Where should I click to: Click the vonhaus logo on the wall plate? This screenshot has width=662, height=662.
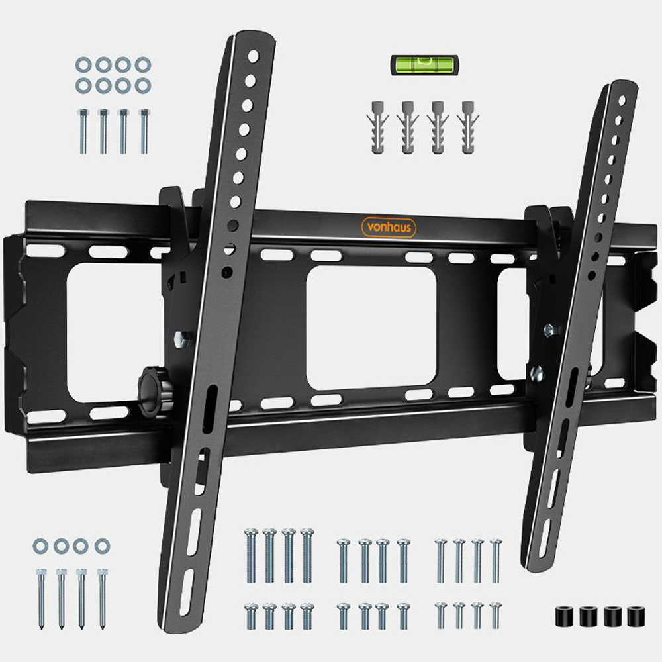click(389, 228)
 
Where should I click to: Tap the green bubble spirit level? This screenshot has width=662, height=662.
click(424, 65)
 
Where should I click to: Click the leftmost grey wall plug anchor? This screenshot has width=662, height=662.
click(378, 127)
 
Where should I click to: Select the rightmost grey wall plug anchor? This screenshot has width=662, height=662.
click(468, 127)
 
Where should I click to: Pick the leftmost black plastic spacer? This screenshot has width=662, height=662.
click(564, 616)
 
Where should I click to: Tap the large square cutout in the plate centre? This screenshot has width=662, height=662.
click(371, 328)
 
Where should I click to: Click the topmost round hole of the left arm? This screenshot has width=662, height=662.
click(253, 56)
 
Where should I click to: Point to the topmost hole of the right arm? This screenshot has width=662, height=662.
click(622, 101)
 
